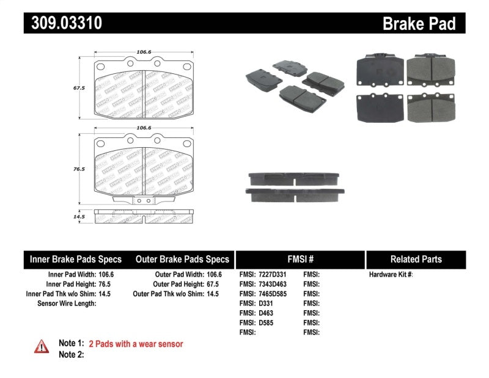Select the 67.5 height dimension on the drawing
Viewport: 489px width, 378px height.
pyautogui.click(x=78, y=88)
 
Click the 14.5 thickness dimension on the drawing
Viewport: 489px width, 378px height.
pyautogui.click(x=78, y=216)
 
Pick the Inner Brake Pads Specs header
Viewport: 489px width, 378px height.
pyautogui.click(x=76, y=260)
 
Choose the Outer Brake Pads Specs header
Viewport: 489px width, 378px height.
pyautogui.click(x=182, y=260)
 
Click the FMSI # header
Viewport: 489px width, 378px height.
pyautogui.click(x=300, y=260)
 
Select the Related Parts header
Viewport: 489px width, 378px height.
pyautogui.click(x=416, y=260)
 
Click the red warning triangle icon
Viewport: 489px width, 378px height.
pyautogui.click(x=42, y=346)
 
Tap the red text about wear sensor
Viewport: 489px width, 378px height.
pyautogui.click(x=136, y=344)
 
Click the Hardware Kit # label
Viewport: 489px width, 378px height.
pyautogui.click(x=391, y=275)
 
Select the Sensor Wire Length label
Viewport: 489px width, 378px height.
pyautogui.click(x=67, y=303)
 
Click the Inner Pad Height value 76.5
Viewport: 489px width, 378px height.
pyautogui.click(x=107, y=284)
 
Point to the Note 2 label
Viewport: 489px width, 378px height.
pyautogui.click(x=71, y=354)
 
